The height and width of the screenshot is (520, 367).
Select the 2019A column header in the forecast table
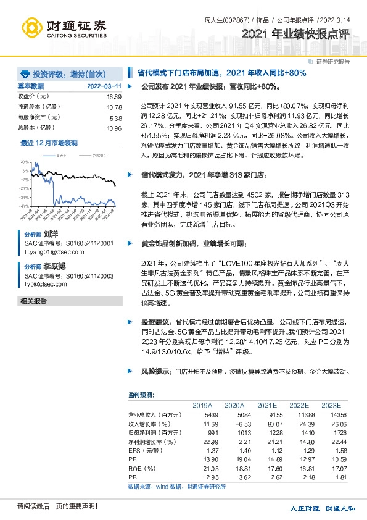click(202, 405)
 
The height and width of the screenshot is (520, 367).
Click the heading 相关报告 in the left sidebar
click(34, 301)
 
